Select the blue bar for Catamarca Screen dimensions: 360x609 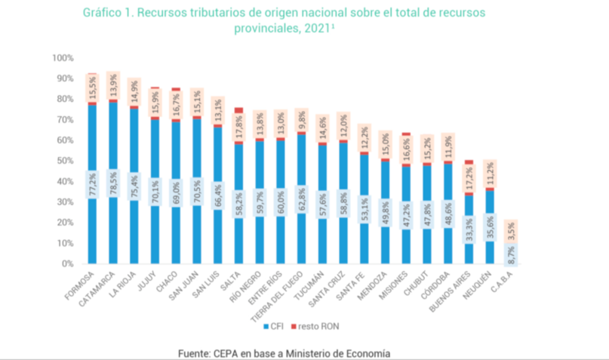click(112, 151)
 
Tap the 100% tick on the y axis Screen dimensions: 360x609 click(63, 58)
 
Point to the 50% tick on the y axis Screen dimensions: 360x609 click(64, 162)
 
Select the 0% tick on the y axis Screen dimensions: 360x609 click(66, 264)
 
